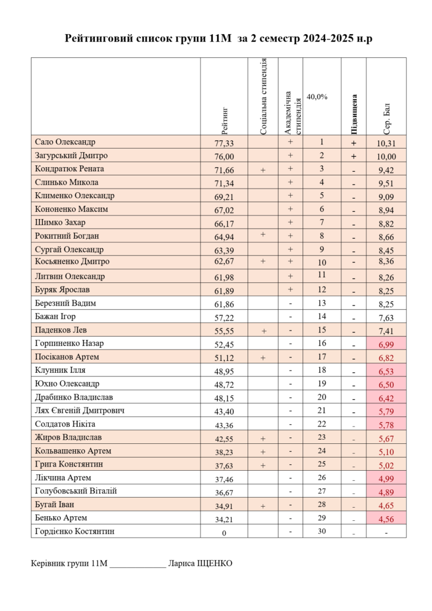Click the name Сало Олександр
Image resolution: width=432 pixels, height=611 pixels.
(x=66, y=143)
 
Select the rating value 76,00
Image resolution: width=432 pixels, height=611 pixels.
(x=224, y=157)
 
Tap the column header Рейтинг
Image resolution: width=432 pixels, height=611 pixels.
(x=224, y=120)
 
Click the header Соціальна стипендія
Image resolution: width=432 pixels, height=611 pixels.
(x=263, y=96)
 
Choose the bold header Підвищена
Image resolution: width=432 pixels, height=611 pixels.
(x=354, y=114)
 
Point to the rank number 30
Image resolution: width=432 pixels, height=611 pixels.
(x=322, y=531)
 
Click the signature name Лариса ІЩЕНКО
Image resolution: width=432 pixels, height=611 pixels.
(x=200, y=563)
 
